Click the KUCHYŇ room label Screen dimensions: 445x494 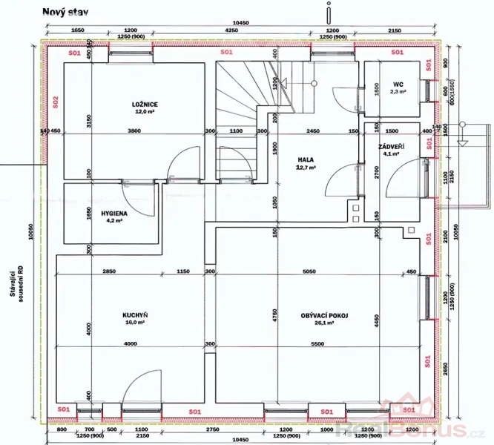coord(134,315)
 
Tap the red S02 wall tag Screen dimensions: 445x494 coord(54,100)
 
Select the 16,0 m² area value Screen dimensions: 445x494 coord(134,323)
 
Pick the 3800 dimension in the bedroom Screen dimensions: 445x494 coord(134,131)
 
